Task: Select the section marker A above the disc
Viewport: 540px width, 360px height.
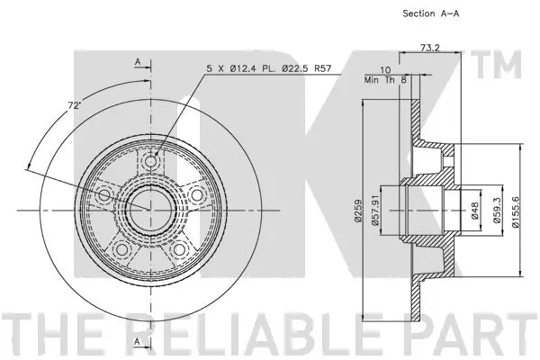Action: click(x=137, y=60)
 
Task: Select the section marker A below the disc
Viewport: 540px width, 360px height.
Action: click(x=137, y=343)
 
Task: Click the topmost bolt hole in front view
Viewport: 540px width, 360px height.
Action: click(x=149, y=161)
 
